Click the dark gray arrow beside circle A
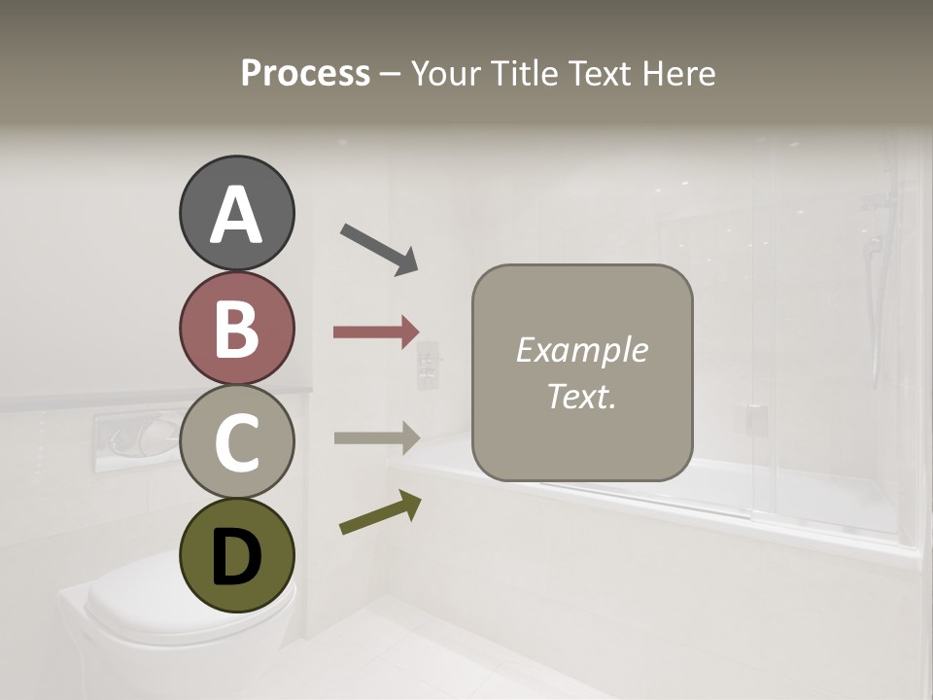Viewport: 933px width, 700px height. pos(379,249)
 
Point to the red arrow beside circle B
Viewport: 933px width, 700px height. pos(376,332)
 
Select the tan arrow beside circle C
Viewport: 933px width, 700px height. pos(376,437)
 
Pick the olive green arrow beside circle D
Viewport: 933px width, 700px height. pos(380,512)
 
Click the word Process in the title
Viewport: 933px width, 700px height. pos(305,74)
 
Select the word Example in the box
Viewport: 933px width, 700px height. pos(581,350)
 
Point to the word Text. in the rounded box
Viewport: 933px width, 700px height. pos(581,396)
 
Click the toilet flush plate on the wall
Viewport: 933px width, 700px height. pos(135,439)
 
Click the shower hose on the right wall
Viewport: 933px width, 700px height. pos(877,321)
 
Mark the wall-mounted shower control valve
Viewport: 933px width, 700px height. pos(429,365)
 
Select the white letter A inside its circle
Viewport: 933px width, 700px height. pos(236,215)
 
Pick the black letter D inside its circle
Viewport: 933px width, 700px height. pos(236,557)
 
